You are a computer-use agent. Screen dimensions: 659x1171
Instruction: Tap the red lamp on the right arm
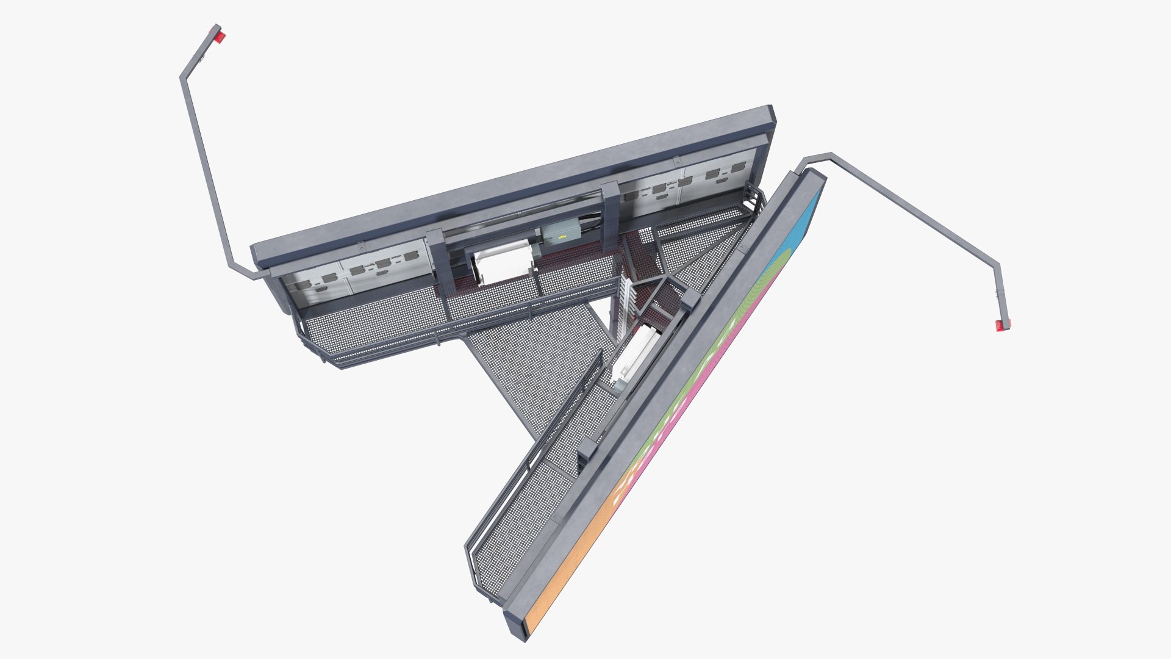1003,325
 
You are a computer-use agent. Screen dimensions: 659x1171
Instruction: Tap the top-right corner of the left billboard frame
773,116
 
